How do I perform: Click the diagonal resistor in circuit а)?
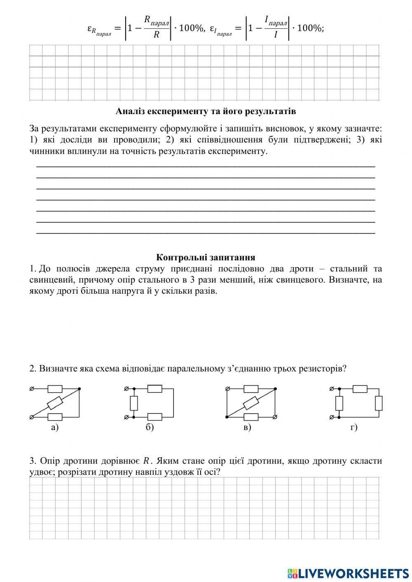coord(55,402)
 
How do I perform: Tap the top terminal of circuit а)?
coord(32,388)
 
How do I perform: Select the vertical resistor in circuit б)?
coord(133,402)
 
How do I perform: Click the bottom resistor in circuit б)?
coord(154,417)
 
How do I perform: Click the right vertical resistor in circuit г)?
coord(379,403)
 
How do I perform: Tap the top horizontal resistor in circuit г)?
coord(360,388)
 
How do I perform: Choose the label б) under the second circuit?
coord(150,428)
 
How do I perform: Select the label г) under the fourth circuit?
coord(354,428)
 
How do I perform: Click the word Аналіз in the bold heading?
coord(129,111)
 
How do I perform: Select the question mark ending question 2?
coord(344,368)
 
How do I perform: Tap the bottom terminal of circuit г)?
coord(331,417)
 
